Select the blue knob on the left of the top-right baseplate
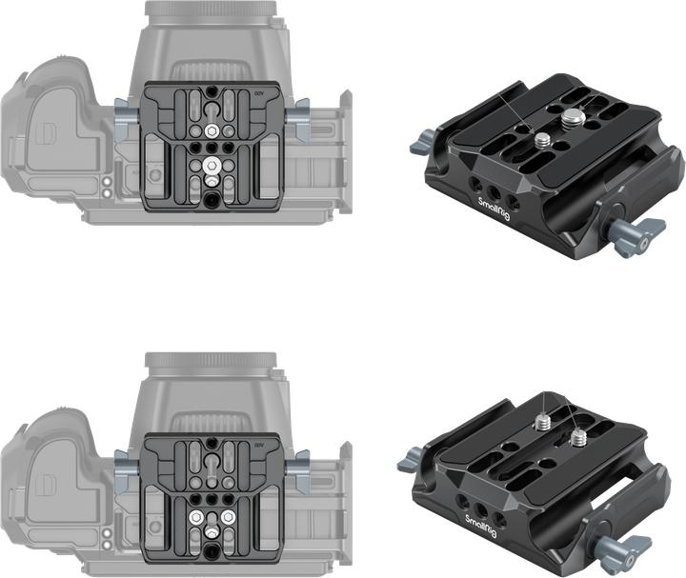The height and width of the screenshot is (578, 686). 419,146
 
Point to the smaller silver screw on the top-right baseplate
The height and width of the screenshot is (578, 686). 540,141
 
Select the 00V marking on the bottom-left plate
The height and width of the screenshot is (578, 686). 260,446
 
